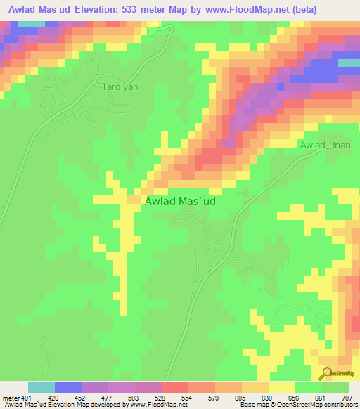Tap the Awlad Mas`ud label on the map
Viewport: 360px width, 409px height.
coord(180,201)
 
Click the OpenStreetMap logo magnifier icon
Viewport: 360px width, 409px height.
coord(326,373)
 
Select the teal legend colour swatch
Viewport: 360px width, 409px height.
coord(41,387)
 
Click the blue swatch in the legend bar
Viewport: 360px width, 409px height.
coord(68,387)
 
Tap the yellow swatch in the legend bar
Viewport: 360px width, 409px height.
coord(282,387)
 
